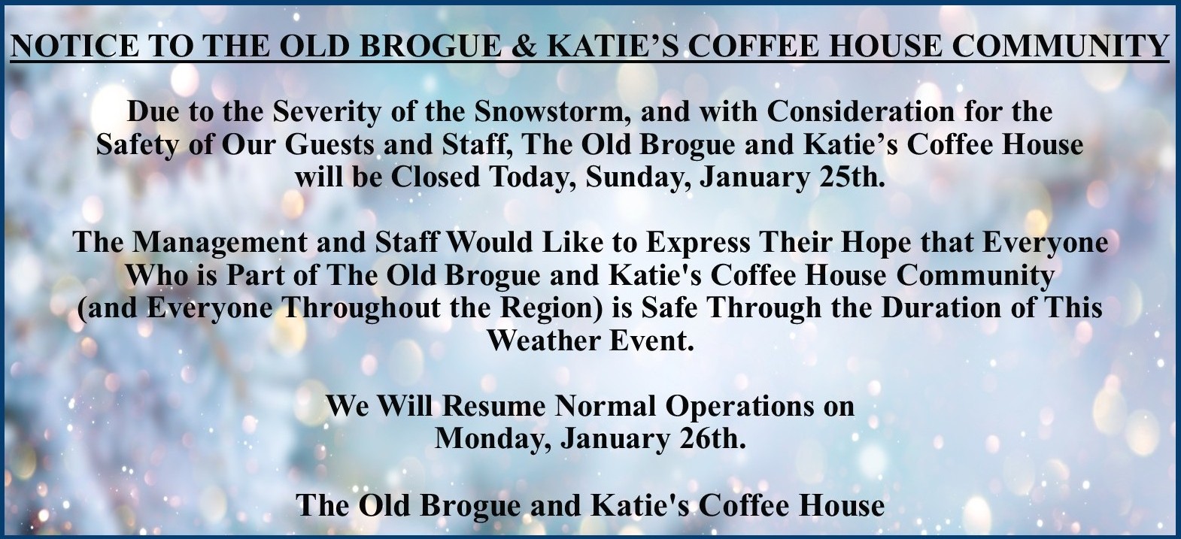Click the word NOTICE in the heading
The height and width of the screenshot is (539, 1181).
74,45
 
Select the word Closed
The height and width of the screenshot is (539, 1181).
436,177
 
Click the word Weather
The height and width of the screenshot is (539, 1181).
544,341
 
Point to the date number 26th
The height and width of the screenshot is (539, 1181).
713,439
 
